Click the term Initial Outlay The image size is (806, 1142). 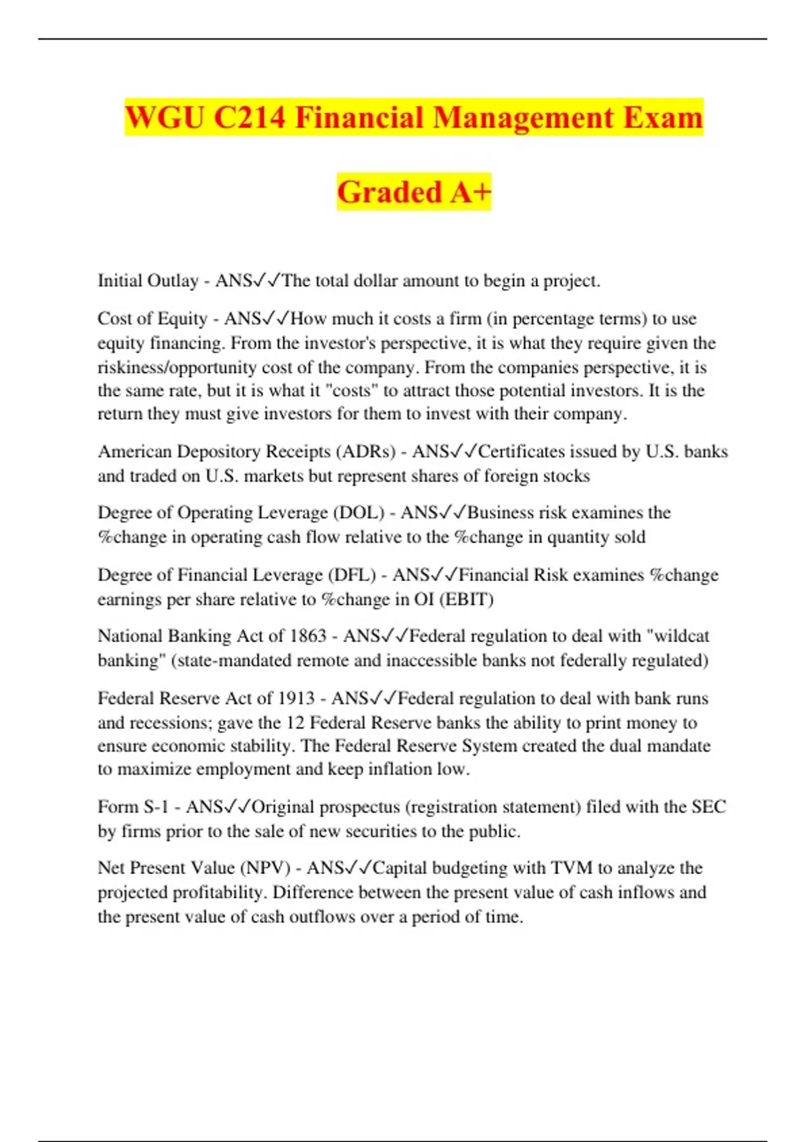(x=148, y=281)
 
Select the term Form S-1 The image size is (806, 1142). (x=133, y=806)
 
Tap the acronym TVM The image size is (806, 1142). (x=572, y=868)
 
